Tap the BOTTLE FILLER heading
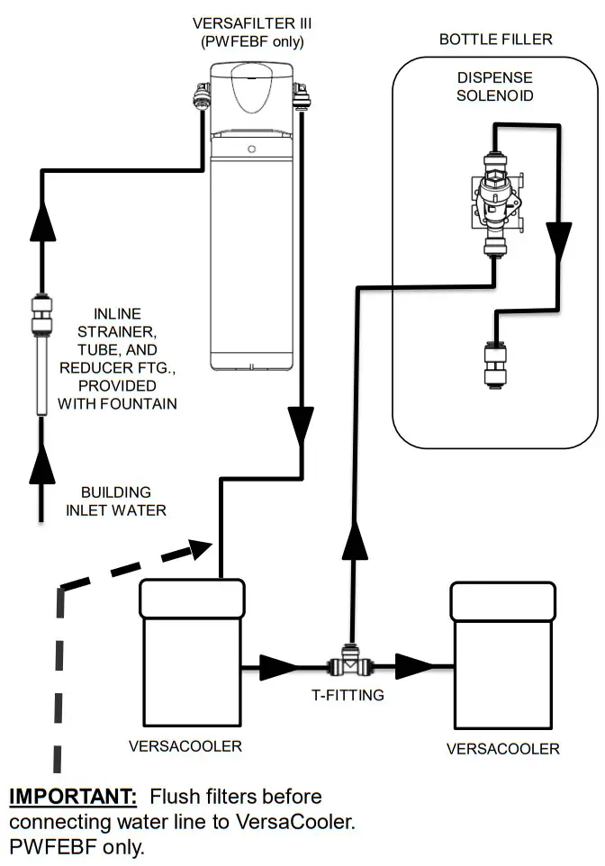pos(495,40)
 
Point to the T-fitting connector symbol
pos(351,667)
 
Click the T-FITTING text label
pos(355,695)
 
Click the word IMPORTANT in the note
pos(72,797)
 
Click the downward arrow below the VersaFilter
pos(301,424)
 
